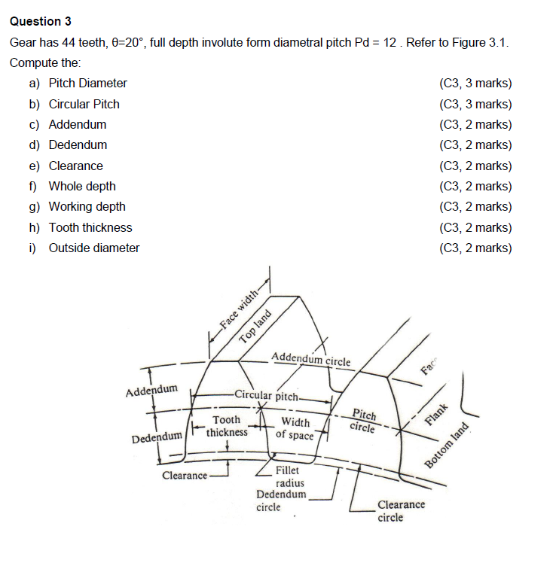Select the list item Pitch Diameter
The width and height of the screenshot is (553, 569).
click(87, 84)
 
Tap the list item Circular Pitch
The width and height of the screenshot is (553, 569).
click(84, 104)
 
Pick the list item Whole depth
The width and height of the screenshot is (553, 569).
click(82, 186)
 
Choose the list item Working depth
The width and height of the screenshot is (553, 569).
click(87, 206)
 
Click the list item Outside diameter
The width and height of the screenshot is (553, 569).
click(93, 248)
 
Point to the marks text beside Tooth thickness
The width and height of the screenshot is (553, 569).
click(475, 227)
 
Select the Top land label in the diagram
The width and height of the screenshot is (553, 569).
click(255, 327)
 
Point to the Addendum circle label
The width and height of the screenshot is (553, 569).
click(310, 359)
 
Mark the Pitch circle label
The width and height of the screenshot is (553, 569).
click(364, 421)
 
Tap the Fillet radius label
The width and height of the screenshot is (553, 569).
click(290, 476)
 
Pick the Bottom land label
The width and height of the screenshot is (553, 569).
click(447, 446)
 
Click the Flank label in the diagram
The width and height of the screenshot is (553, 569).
click(436, 415)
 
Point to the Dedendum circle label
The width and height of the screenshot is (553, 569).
click(280, 501)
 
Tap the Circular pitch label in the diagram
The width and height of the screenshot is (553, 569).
click(267, 394)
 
